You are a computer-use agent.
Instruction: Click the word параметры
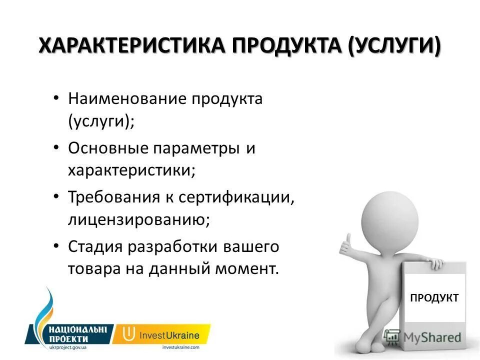tap(196, 148)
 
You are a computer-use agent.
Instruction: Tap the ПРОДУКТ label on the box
tap(434, 298)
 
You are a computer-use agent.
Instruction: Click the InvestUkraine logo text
tap(169, 335)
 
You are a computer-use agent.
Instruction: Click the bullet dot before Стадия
tap(57, 247)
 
